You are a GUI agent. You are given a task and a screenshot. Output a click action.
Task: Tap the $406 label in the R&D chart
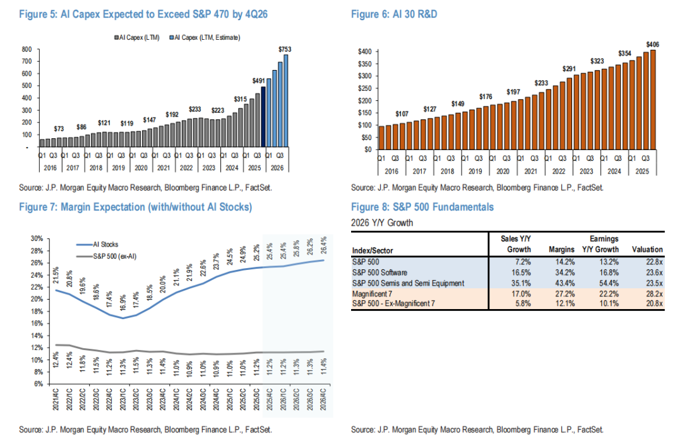click(x=654, y=44)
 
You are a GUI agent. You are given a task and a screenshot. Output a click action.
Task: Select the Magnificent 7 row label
click(x=375, y=294)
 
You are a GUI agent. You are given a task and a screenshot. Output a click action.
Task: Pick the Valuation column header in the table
click(x=647, y=249)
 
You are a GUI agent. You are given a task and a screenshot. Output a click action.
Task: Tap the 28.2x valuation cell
click(x=652, y=294)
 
